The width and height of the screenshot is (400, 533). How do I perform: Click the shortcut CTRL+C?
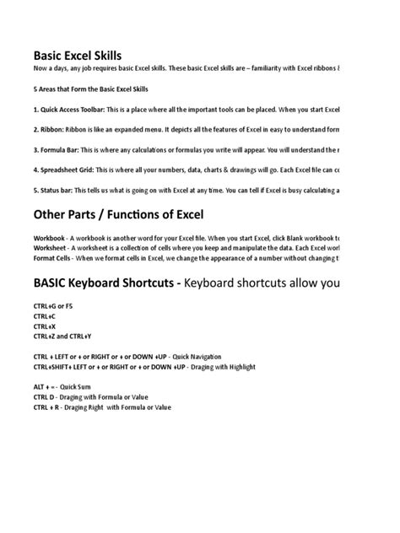pyautogui.click(x=46, y=316)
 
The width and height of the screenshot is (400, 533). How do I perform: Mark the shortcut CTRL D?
pyautogui.click(x=47, y=396)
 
